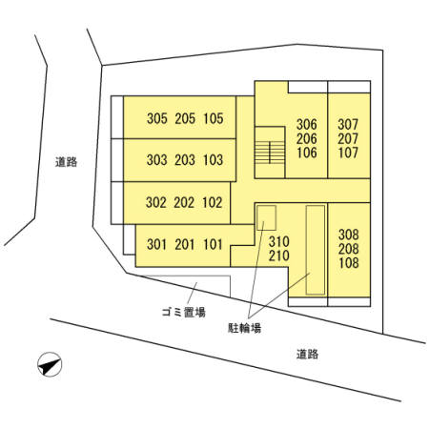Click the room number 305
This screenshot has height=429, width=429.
click(157, 118)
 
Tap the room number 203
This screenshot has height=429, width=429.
click(185, 160)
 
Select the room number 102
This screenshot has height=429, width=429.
click(212, 202)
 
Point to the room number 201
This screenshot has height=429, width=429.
click(185, 244)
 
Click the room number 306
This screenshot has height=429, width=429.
click(307, 124)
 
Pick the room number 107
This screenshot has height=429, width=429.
click(348, 153)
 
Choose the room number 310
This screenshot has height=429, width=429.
click(279, 242)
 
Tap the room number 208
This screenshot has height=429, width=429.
click(349, 249)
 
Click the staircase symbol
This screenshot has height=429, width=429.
click(270, 153)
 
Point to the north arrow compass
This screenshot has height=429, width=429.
click(50, 364)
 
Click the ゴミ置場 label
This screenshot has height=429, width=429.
click(184, 312)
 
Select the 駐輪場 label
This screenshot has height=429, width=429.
click(245, 328)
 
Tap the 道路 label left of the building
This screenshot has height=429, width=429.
click(66, 162)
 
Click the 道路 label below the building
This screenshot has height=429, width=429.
click(307, 354)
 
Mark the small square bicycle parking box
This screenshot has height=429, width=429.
click(266, 217)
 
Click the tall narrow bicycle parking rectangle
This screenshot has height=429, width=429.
click(316, 250)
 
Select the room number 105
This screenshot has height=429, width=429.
click(214, 118)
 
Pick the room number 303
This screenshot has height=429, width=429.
click(157, 160)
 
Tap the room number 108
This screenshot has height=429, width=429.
click(349, 263)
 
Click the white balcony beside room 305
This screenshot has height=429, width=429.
click(117, 117)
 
